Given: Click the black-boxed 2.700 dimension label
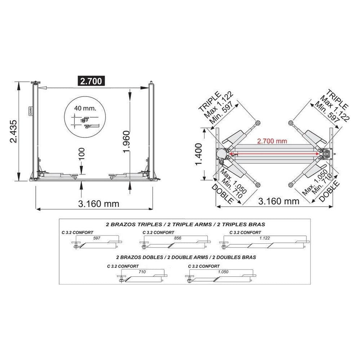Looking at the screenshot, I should tap(90, 81).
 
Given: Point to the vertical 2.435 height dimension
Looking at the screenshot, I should tap(13, 131).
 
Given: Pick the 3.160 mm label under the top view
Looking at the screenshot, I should tap(279, 201).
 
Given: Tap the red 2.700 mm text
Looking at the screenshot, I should tap(272, 141).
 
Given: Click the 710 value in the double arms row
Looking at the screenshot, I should tap(142, 272).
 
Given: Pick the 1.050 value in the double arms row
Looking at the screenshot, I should tap(223, 272).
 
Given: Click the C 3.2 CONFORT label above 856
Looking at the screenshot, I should tap(158, 233).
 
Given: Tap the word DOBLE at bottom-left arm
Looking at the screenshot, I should tap(222, 194).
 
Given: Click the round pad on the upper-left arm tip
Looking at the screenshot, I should tap(257, 123).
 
